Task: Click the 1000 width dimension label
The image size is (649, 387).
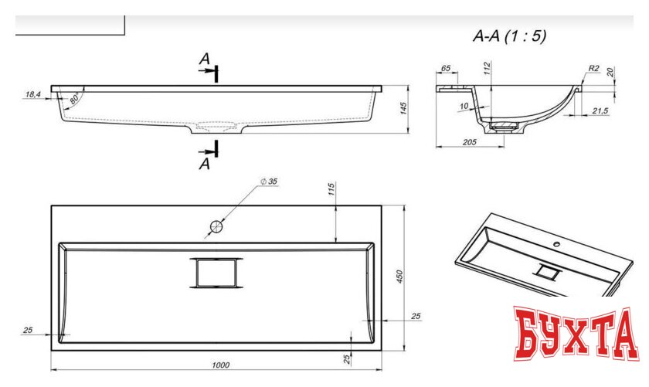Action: tap(221, 365)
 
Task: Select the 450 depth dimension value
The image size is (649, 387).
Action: tap(399, 277)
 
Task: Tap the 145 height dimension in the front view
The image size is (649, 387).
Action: tap(404, 108)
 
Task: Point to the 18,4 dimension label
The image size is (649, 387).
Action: tap(33, 94)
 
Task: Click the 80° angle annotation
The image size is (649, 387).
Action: tap(74, 99)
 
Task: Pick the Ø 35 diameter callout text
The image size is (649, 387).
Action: tap(269, 182)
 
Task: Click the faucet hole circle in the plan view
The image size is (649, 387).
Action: tap(216, 226)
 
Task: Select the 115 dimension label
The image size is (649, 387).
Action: tap(331, 189)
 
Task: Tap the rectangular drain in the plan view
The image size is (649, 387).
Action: tap(216, 273)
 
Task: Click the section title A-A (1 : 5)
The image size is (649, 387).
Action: tap(509, 36)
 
